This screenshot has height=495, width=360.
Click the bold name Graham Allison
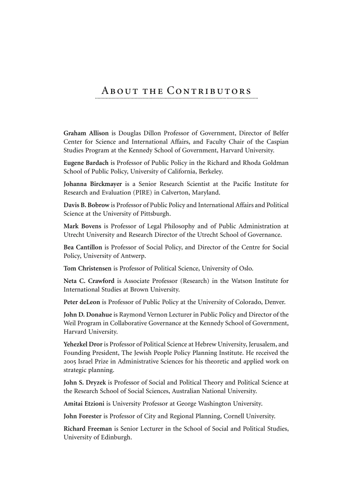tap(86, 133)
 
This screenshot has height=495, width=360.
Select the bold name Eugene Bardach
tap(86, 163)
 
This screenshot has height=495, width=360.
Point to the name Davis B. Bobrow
tap(86, 205)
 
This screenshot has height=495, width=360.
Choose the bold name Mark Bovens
tap(82, 226)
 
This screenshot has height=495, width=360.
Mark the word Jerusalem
tap(259, 344)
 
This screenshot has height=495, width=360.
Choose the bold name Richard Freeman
tap(88, 428)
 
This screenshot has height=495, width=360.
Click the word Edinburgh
tap(116, 438)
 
